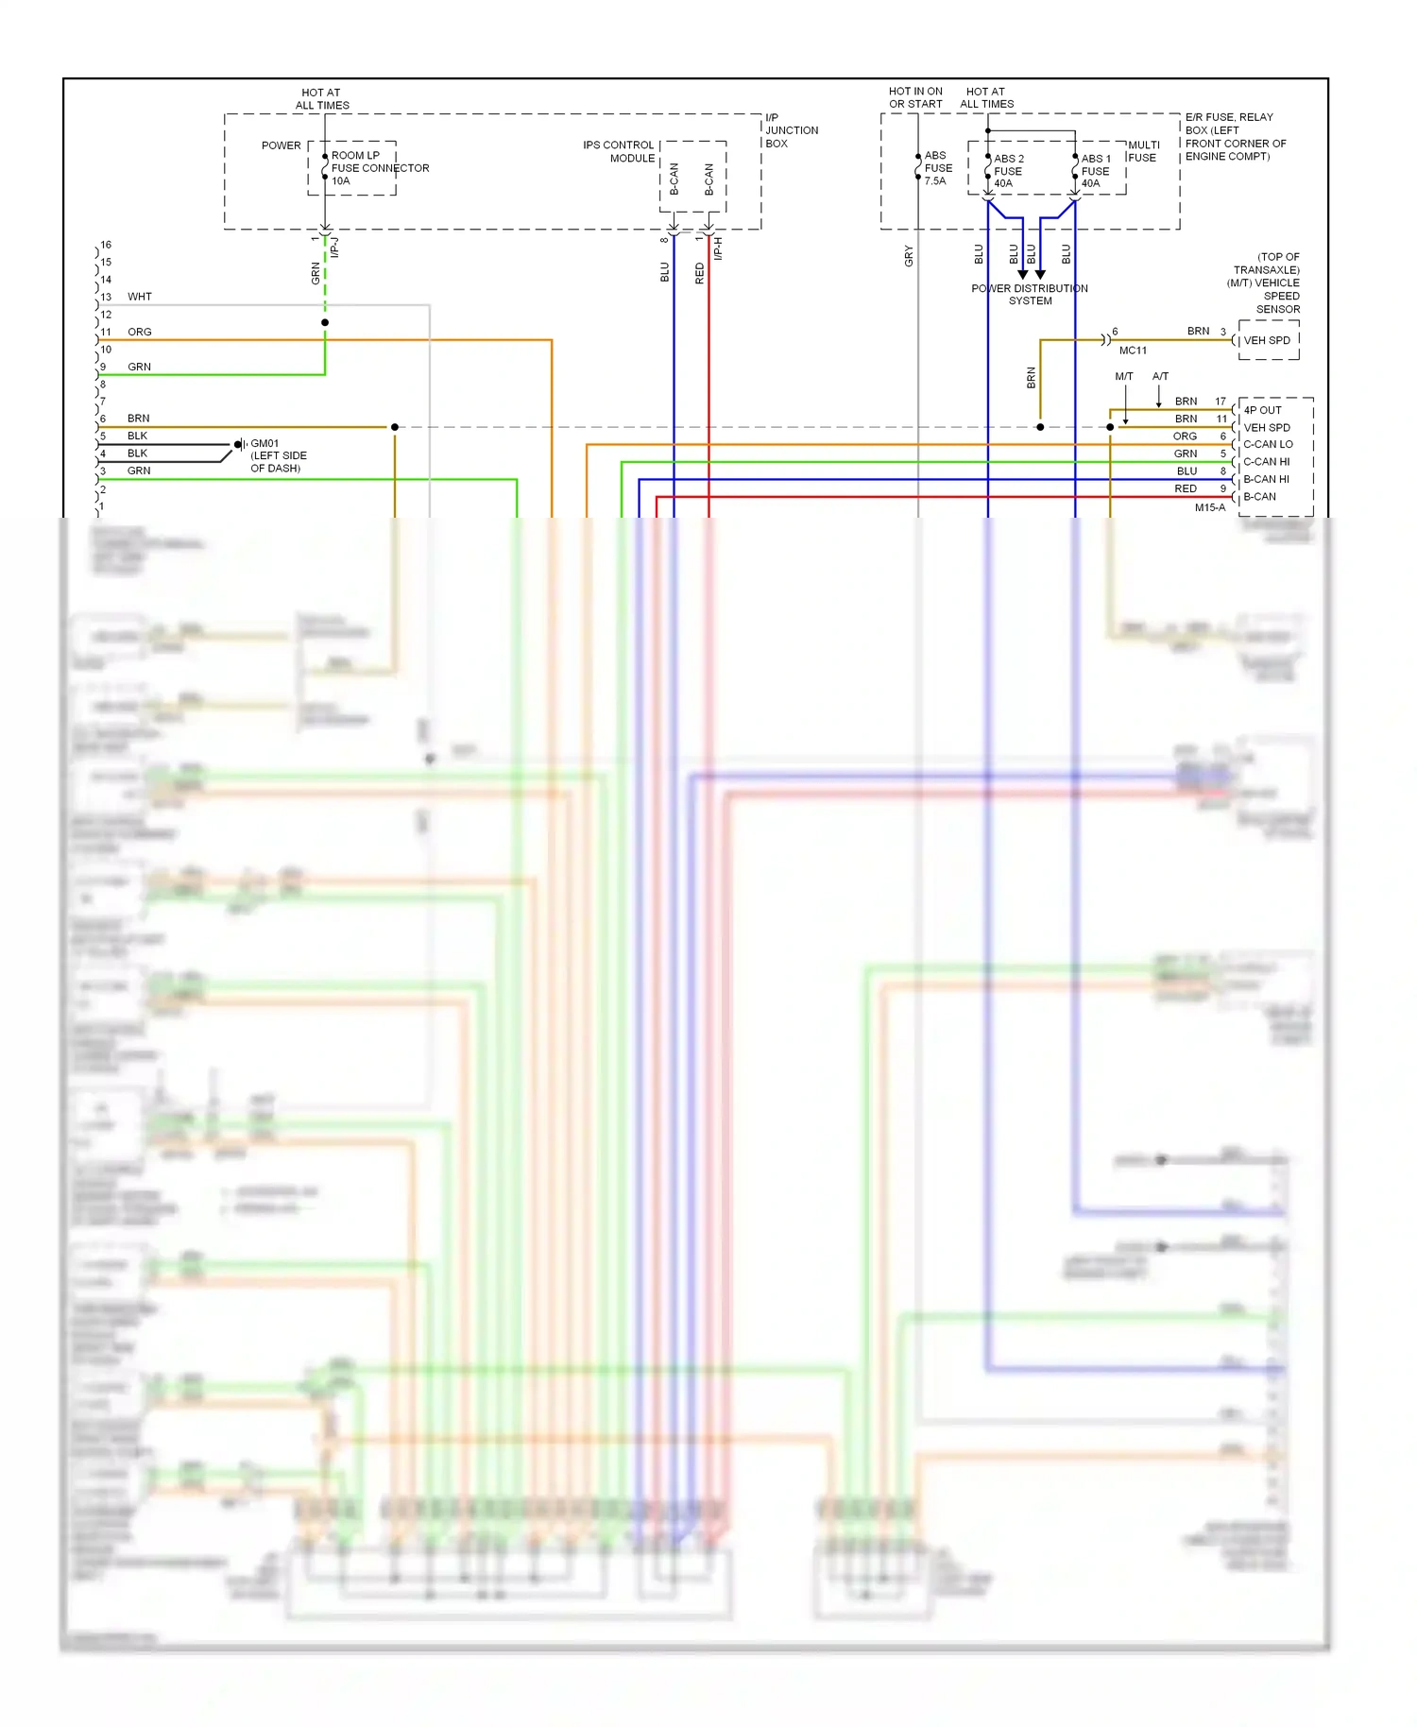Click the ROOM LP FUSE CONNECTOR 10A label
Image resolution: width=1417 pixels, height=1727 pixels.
[x=379, y=168]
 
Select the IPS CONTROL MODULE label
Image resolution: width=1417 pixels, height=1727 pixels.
[x=619, y=152]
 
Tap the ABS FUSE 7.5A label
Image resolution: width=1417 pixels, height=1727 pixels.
[x=938, y=168]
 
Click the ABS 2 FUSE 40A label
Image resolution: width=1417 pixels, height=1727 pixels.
[x=1008, y=171]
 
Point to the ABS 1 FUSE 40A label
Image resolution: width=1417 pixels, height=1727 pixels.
[x=1095, y=171]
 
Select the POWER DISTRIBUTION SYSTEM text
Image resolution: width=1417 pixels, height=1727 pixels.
[x=1030, y=295]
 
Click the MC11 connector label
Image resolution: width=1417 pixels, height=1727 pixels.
[x=1133, y=351]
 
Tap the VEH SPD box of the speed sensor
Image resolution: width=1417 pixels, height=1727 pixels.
[x=1266, y=341]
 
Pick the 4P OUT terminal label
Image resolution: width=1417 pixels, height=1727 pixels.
[x=1262, y=410]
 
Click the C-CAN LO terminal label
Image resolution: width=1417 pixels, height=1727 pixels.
[x=1268, y=444]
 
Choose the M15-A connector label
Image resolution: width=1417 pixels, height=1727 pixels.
[x=1209, y=508]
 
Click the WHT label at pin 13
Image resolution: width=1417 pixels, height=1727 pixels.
[x=140, y=297]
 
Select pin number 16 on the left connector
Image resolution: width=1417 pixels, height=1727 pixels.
[x=106, y=245]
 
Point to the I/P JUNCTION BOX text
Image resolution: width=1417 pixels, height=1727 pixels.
[x=791, y=130]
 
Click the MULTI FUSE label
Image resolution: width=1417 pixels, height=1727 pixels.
[x=1143, y=151]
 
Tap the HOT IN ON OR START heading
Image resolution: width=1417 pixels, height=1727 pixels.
[x=915, y=97]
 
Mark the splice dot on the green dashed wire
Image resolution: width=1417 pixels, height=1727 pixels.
[x=325, y=323]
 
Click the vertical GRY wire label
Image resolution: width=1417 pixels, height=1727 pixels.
[x=909, y=256]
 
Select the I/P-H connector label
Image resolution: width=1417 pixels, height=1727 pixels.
[x=718, y=248]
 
